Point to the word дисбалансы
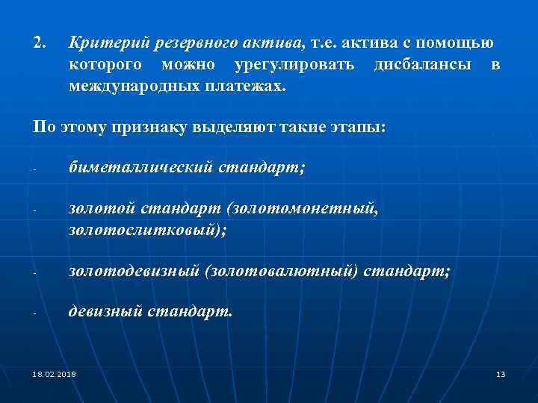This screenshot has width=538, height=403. (x=422, y=65)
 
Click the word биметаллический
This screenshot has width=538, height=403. (x=140, y=166)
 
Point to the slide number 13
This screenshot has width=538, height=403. (x=501, y=373)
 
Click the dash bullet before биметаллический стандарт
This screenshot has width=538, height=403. (x=35, y=168)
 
